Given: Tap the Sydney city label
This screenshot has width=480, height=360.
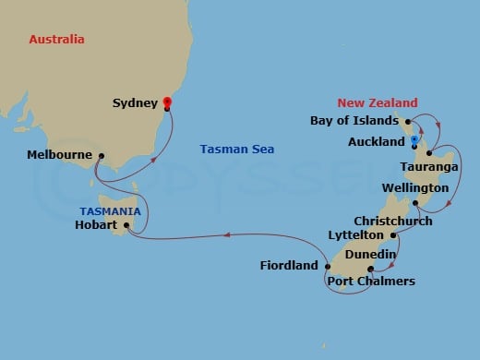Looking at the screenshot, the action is [135, 104].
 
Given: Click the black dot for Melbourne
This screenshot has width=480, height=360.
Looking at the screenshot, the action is [101, 155].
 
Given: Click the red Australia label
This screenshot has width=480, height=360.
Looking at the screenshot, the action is [56, 40].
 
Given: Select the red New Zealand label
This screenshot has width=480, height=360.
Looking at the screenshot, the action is [377, 102].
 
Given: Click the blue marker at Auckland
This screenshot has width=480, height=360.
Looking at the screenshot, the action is [414, 139].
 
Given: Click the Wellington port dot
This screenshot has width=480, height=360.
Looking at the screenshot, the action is [416, 202].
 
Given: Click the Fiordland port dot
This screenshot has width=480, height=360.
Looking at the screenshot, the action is [326, 266].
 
